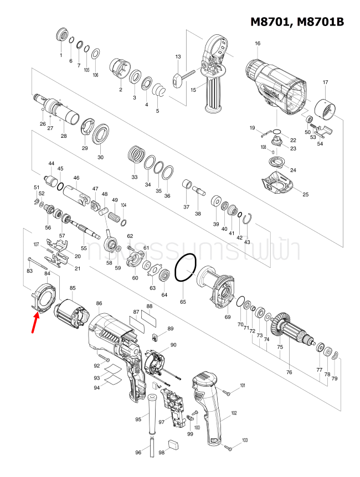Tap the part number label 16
click(x=257, y=44)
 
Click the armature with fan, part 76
click(x=294, y=332)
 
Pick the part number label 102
click(x=234, y=413)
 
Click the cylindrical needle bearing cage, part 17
click(x=325, y=111)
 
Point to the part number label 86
click(x=99, y=303)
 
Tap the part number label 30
click(x=100, y=157)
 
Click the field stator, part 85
click(x=70, y=314)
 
